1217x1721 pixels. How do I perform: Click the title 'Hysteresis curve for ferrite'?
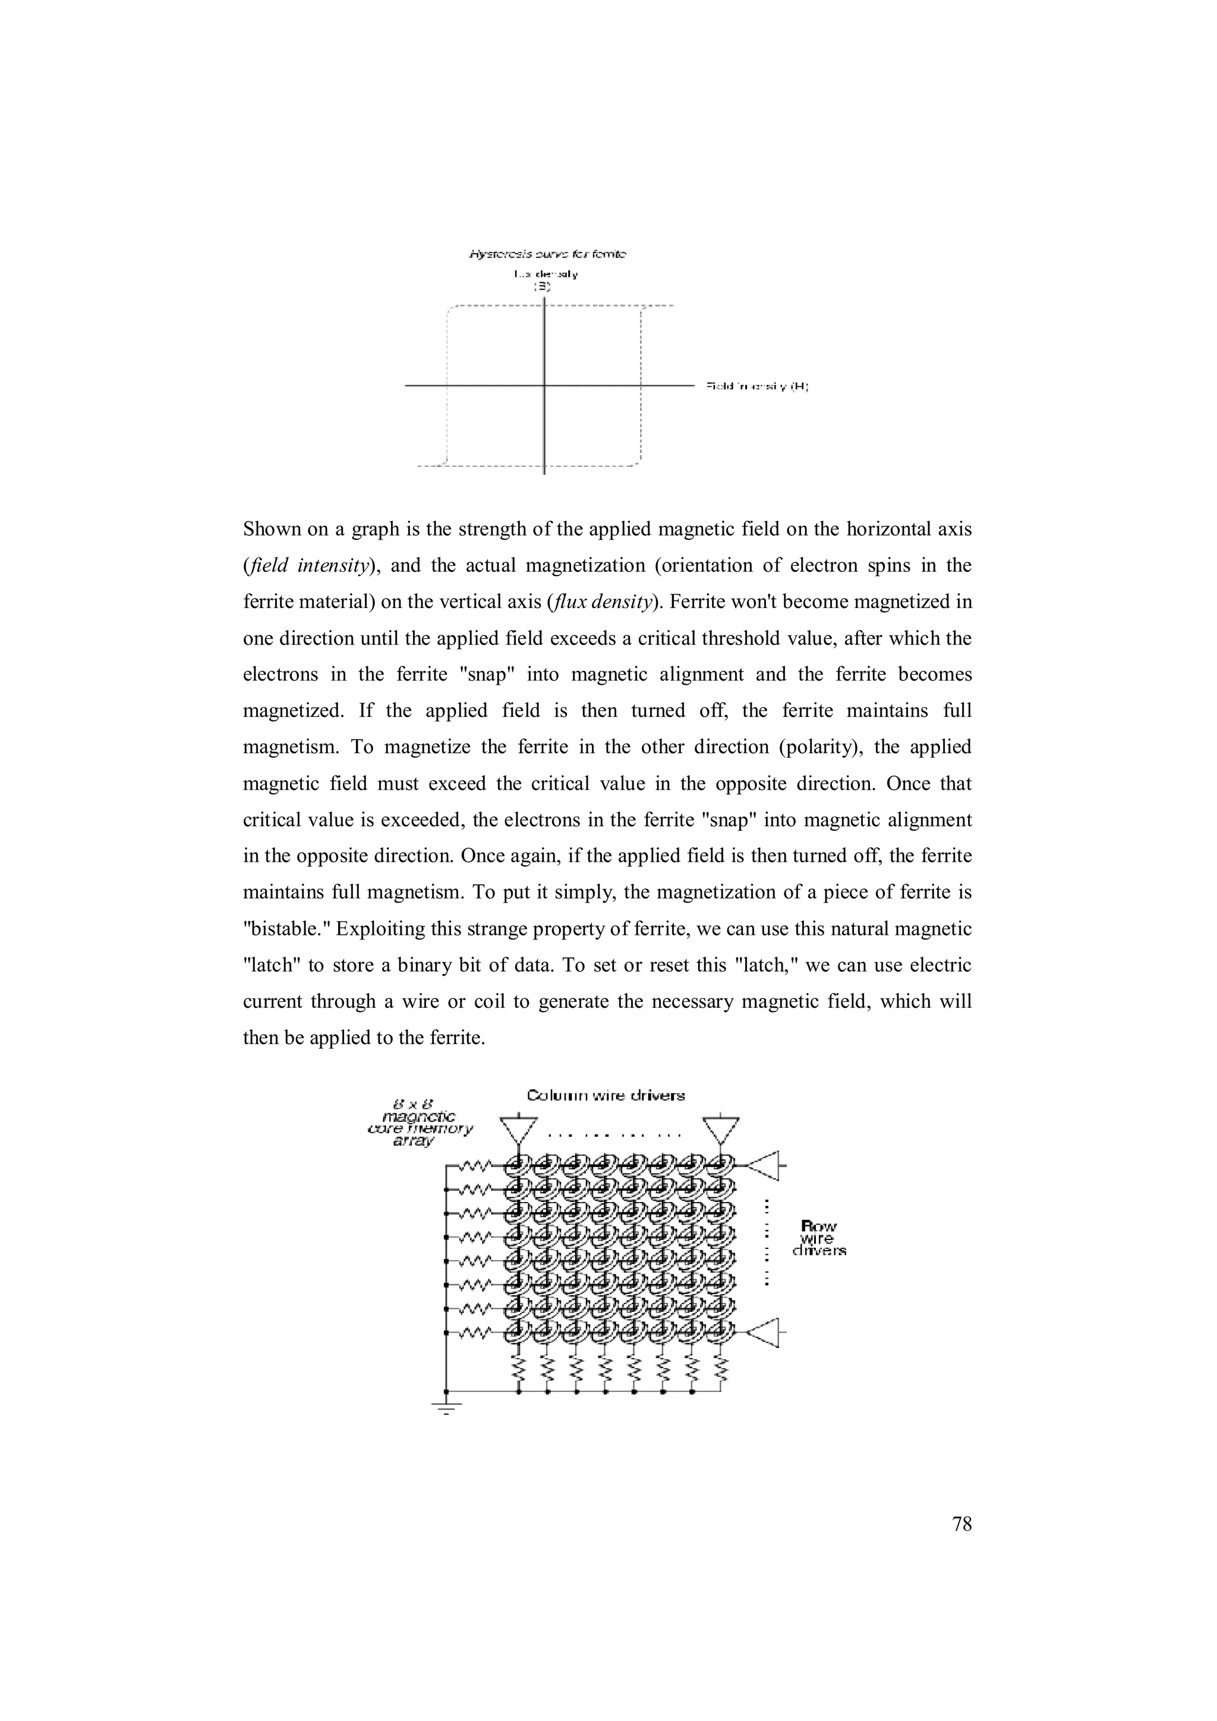(548, 255)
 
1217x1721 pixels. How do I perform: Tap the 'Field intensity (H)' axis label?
(756, 386)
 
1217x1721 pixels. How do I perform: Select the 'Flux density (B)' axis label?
(545, 280)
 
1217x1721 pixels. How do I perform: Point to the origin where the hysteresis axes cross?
(544, 385)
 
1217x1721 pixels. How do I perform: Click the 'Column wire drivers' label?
(606, 1096)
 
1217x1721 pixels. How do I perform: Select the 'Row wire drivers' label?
(819, 1238)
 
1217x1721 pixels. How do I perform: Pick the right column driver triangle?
(721, 1129)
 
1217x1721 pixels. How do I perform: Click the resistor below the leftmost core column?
(518, 1369)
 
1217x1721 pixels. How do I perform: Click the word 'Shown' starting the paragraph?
(272, 529)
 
